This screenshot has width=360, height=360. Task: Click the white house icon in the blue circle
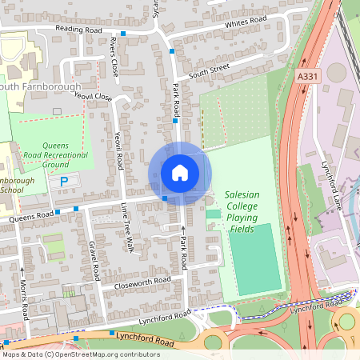pyautogui.click(x=179, y=173)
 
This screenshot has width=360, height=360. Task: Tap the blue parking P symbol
pyautogui.click(x=64, y=182)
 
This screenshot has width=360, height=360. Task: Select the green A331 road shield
pyautogui.click(x=305, y=76)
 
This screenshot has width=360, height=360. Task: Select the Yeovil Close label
pyautogui.click(x=93, y=96)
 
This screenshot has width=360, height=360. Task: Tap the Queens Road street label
pyautogui.click(x=30, y=215)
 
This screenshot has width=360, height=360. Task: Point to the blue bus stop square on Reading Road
pyautogui.click(x=123, y=34)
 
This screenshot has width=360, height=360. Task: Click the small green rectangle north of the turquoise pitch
pyautogui.click(x=213, y=214)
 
